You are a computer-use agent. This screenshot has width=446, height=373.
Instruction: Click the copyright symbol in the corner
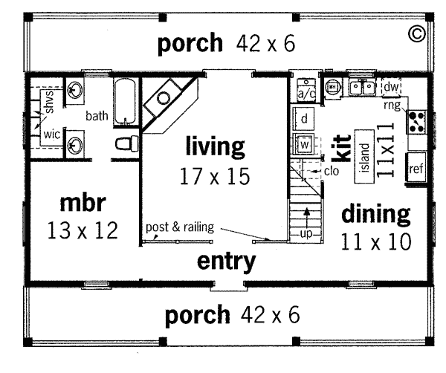pos(417,33)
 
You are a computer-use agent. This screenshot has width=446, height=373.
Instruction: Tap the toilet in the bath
pos(126,143)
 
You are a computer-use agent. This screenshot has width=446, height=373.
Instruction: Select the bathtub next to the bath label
pos(125,101)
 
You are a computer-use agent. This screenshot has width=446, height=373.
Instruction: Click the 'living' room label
pos(215,146)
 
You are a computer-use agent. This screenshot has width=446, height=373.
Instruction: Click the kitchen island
pos(364,156)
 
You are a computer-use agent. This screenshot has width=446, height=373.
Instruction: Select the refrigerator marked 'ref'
pos(416,168)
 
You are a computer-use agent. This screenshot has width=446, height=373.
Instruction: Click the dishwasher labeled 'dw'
pos(391,87)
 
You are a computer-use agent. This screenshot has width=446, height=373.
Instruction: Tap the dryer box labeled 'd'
pos(303,119)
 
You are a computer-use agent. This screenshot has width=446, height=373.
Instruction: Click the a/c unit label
pos(306,94)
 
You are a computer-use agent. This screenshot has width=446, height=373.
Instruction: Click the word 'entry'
pos(227,262)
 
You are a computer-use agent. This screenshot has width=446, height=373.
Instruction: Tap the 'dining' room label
pos(375,214)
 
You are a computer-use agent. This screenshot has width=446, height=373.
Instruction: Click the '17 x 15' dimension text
pos(215,176)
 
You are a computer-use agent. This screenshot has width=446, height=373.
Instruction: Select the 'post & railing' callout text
pos(180,227)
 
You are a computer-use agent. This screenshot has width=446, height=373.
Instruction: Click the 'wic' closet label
pos(52,134)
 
